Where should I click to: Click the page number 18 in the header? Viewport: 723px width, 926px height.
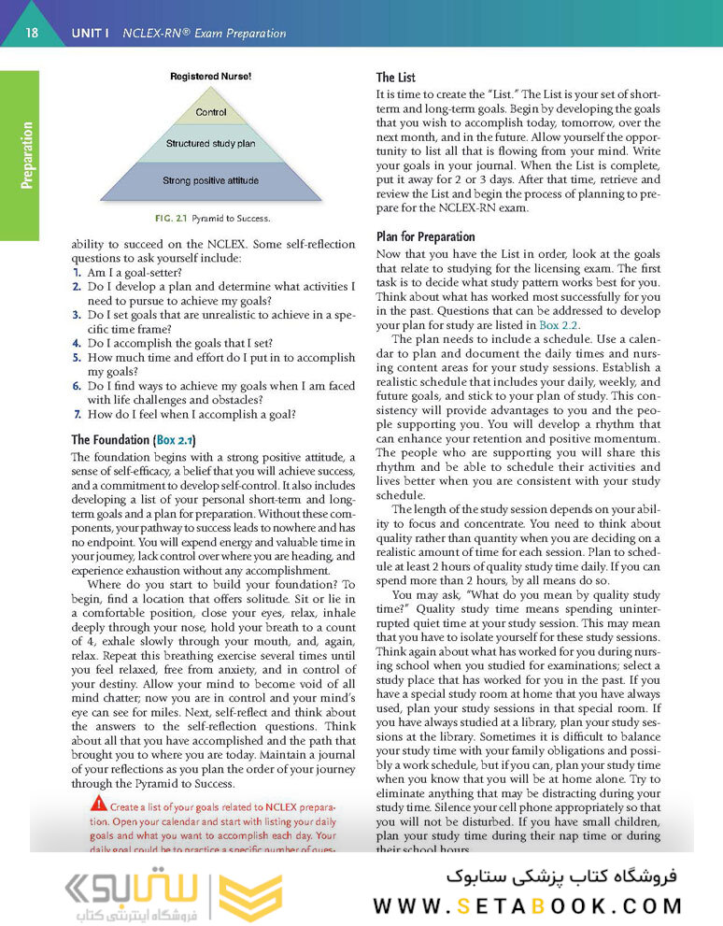pos(32,34)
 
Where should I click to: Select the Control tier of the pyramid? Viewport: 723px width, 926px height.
pos(211,113)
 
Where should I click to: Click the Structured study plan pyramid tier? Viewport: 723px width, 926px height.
pos(210,144)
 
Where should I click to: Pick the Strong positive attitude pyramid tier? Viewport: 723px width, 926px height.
pos(210,180)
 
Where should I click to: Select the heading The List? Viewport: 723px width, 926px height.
pos(396,78)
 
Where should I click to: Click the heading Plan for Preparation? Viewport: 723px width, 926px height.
pos(425,236)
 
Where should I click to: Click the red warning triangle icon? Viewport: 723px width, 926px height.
pos(98,804)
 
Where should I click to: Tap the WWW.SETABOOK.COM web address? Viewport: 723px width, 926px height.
pos(528,905)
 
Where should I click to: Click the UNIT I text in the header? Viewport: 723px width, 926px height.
pos(91,35)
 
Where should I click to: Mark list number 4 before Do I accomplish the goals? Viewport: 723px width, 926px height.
pos(77,343)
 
